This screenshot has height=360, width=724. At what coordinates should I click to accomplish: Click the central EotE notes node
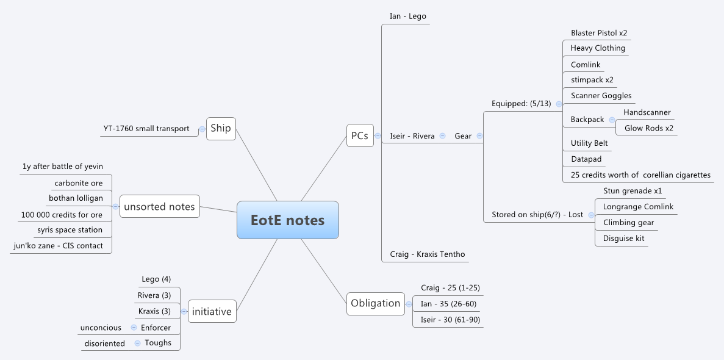287,220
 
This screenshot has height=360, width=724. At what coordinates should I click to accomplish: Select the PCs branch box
360,135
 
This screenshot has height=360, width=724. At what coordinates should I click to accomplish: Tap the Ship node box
221,129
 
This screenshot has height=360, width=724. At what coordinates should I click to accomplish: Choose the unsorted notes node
159,207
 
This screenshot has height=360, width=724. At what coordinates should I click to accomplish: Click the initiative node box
212,311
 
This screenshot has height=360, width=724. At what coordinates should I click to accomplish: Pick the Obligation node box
376,303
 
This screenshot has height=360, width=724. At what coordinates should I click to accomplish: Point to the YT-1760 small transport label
146,129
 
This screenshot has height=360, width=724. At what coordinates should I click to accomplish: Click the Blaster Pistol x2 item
599,33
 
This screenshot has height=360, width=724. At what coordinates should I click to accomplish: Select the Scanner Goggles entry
601,96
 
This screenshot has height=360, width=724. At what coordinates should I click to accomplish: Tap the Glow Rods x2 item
649,128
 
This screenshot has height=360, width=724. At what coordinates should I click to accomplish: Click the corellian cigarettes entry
640,175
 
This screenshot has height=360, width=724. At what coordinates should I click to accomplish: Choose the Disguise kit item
623,239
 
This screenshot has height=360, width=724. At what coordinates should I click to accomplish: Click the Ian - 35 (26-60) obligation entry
448,303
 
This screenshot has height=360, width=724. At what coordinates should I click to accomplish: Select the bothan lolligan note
76,198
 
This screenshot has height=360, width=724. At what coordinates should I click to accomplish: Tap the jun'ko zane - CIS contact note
58,246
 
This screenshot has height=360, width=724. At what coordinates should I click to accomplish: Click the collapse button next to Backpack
612,120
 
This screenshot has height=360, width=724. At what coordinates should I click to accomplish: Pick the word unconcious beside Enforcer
101,328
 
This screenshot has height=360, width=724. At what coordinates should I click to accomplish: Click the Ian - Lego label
408,16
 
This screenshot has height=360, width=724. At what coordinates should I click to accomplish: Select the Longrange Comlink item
638,207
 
